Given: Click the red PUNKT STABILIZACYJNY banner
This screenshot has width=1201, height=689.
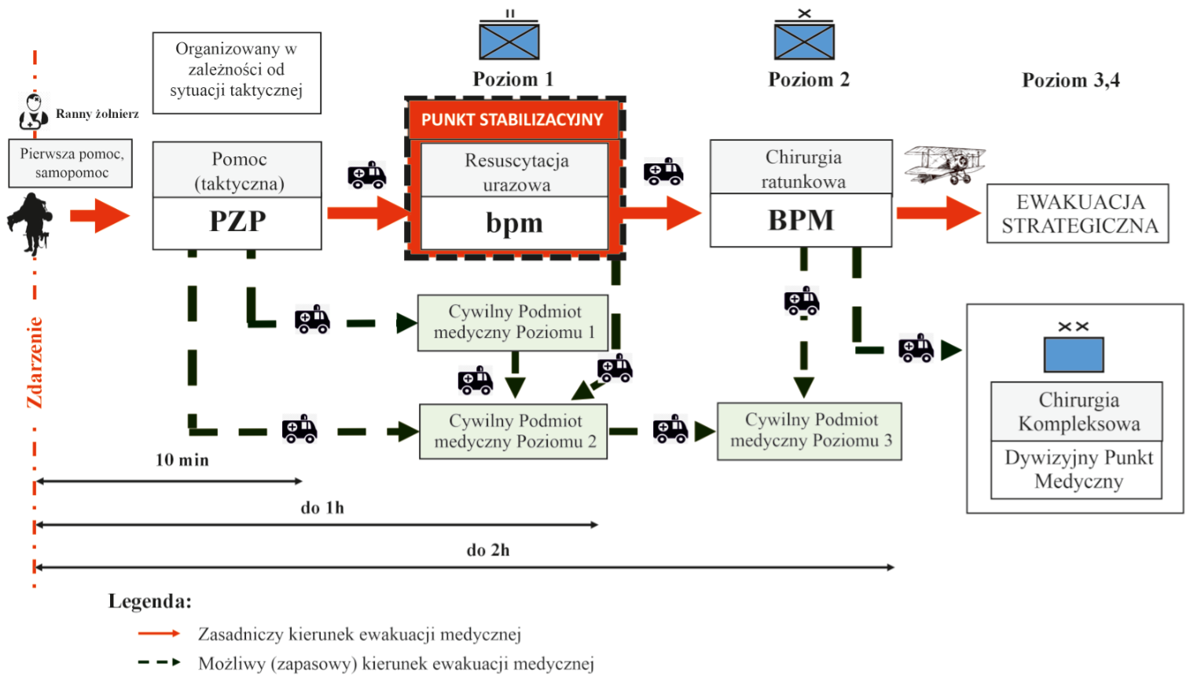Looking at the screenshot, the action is pyautogui.click(x=513, y=119).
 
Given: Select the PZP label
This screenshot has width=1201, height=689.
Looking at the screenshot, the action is pyautogui.click(x=237, y=222).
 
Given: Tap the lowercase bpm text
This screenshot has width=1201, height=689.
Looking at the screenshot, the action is pyautogui.click(x=514, y=223).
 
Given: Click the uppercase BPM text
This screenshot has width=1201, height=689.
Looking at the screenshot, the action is pyautogui.click(x=801, y=220).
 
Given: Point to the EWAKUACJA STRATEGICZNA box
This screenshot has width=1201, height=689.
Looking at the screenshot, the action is pyautogui.click(x=1078, y=214).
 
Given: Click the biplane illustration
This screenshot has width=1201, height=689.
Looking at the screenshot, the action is pyautogui.click(x=945, y=164).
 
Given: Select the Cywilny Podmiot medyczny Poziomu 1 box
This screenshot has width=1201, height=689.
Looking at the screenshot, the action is pyautogui.click(x=513, y=323).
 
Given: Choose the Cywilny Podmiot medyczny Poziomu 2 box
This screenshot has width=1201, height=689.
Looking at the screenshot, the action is pyautogui.click(x=513, y=431).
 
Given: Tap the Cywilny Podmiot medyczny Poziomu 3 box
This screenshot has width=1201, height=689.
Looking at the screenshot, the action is pyautogui.click(x=810, y=431).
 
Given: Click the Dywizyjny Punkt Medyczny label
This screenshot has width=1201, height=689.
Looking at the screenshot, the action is pyautogui.click(x=1078, y=469).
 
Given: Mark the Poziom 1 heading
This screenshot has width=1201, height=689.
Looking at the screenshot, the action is pyautogui.click(x=512, y=79).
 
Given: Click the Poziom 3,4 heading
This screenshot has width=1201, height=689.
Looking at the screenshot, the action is pyautogui.click(x=1071, y=80).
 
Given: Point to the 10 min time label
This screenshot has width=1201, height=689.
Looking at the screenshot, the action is pyautogui.click(x=182, y=460).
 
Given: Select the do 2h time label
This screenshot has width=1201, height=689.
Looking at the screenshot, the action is pyautogui.click(x=488, y=550).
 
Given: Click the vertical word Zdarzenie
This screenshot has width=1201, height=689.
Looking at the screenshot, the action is pyautogui.click(x=35, y=363).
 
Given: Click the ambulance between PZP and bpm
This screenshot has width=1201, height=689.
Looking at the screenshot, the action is pyautogui.click(x=367, y=174).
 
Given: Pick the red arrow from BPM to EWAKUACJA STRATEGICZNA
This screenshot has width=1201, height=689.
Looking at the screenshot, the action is pyautogui.click(x=938, y=213).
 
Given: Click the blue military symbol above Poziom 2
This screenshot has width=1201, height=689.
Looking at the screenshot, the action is pyautogui.click(x=804, y=35).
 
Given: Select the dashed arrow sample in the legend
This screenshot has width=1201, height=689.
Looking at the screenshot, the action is pyautogui.click(x=160, y=663).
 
